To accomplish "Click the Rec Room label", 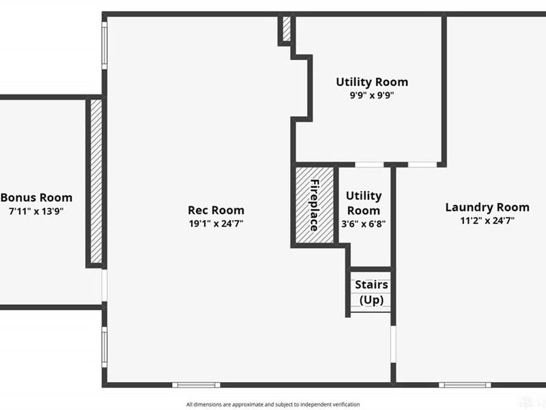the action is (x=216, y=210).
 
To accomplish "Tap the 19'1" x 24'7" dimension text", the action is (x=216, y=223).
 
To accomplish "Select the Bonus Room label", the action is (x=37, y=197).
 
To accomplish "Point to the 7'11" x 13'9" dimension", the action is (x=36, y=211).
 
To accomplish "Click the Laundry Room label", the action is (x=487, y=208).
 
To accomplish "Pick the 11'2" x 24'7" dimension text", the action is (x=487, y=221).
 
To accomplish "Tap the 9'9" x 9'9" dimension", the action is (x=372, y=95).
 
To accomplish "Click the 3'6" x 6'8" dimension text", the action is (x=364, y=224).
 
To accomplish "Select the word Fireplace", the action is (x=315, y=206).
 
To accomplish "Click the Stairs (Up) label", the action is (x=371, y=292).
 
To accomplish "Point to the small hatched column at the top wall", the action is (x=286, y=29).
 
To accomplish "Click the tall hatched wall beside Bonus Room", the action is (x=96, y=181).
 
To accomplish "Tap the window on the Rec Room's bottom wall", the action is (x=197, y=385).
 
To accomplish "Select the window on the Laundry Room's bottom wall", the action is (x=465, y=385).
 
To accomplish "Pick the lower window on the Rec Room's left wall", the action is (x=104, y=347).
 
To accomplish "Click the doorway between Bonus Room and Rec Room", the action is (x=104, y=285).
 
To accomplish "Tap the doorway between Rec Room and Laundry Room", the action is (x=393, y=344).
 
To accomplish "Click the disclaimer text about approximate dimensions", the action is (x=273, y=405).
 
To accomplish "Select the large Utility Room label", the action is (x=372, y=82).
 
